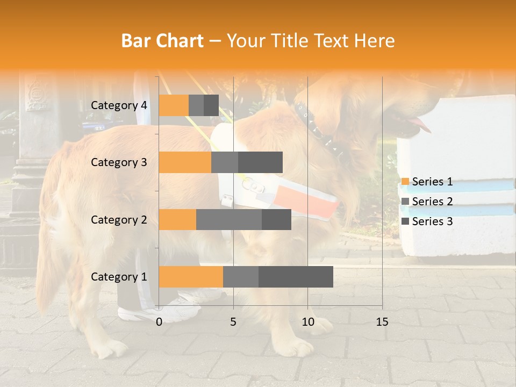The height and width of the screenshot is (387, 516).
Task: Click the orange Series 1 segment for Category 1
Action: point(191,277)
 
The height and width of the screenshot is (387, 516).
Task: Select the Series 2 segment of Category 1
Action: point(241,277)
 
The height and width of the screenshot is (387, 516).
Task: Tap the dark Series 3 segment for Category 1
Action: point(296,277)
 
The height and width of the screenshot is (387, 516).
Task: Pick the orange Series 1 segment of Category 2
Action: point(177,219)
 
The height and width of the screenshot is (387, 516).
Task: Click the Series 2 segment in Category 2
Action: point(229,219)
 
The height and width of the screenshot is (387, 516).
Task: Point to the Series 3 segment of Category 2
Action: point(276,219)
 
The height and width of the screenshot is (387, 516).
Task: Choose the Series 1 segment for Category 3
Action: point(185,162)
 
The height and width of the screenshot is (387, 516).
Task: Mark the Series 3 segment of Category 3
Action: point(260,162)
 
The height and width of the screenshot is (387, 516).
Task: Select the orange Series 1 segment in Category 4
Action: point(174,105)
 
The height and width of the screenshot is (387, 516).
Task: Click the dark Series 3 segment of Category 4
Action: point(211,105)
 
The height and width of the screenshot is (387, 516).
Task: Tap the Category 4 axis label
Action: point(119,105)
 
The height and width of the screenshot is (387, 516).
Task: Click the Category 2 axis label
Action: point(119,219)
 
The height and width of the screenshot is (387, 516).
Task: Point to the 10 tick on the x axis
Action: point(307,322)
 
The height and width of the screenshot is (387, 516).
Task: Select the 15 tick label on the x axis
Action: point(382,322)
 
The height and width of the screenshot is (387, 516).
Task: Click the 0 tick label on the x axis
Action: point(159,322)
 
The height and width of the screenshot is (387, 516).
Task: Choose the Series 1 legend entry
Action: point(427,182)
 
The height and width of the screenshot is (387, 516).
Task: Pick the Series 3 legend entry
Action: point(427,221)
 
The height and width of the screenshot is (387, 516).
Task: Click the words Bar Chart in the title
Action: point(162,40)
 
